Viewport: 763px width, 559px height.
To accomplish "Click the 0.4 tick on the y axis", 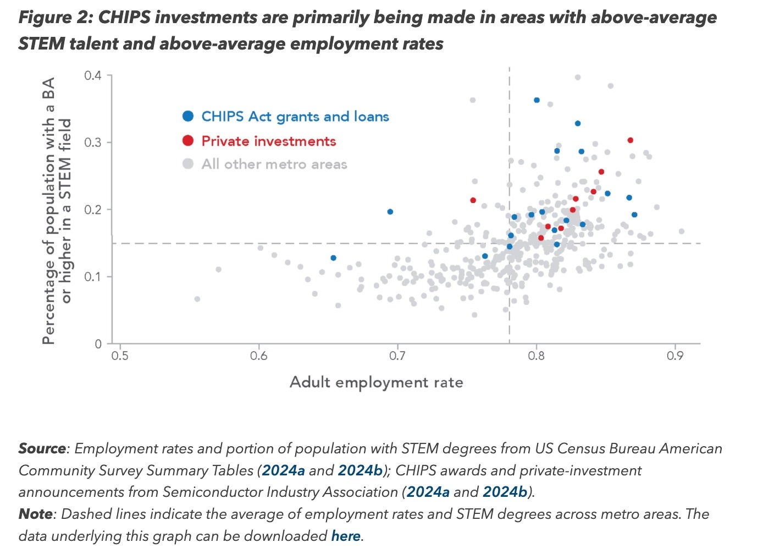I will (x=93, y=75).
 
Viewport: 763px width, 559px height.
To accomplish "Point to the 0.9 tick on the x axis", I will (x=675, y=356).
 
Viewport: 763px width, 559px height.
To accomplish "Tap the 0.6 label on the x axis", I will (x=259, y=356).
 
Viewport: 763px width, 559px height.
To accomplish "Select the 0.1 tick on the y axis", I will (x=93, y=277).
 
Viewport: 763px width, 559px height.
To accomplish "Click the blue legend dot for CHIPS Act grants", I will (x=188, y=116).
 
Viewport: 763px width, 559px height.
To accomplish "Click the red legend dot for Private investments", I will (x=188, y=141).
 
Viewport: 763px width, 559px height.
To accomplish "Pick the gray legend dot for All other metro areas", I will (x=188, y=164).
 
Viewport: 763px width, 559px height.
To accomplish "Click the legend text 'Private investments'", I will (x=268, y=141).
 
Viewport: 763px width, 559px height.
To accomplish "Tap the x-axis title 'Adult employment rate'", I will (x=376, y=382).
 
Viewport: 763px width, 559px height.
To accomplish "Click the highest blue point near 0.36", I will (x=537, y=100).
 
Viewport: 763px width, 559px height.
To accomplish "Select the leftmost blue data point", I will (x=333, y=257).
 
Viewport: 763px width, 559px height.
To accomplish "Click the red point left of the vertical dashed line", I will (x=473, y=200).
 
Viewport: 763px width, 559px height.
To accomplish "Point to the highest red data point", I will (x=631, y=140).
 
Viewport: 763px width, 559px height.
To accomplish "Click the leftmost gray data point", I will (x=197, y=299).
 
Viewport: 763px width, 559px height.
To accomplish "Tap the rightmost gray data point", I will (x=682, y=231).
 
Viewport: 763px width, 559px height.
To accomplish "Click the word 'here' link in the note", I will (x=346, y=536).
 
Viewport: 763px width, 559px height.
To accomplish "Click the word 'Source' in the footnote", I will (x=42, y=448).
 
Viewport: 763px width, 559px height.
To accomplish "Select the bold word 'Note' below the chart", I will (x=36, y=514).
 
